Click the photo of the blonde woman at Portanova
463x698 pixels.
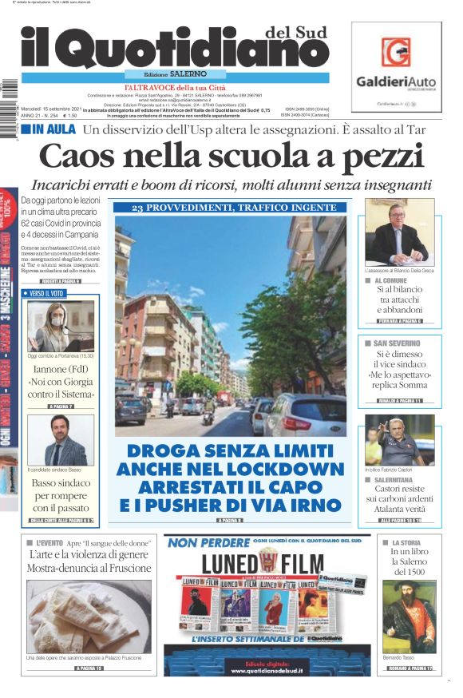click(61, 327)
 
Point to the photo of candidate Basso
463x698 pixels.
click(61, 440)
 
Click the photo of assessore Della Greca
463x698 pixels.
click(399, 232)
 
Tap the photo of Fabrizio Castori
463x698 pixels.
click(399, 440)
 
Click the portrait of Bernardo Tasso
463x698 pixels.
click(408, 616)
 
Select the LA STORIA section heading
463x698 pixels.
click(406, 543)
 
